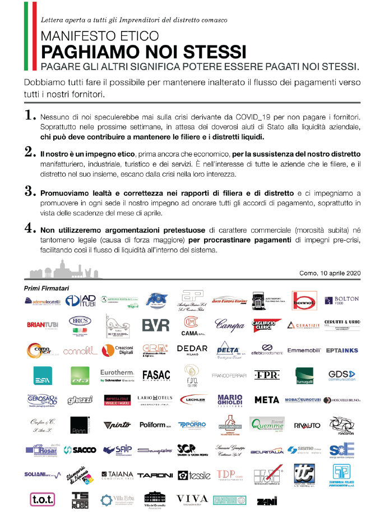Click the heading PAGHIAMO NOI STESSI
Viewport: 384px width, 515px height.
point(144,52)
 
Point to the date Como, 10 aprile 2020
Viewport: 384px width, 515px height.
point(330,273)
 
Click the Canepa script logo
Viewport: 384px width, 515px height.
point(230,325)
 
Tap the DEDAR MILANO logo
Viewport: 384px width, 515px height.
point(192,350)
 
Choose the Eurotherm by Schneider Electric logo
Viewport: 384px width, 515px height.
point(116,374)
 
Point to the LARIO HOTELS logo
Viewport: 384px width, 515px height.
point(154,399)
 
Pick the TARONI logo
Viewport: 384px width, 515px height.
point(154,475)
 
